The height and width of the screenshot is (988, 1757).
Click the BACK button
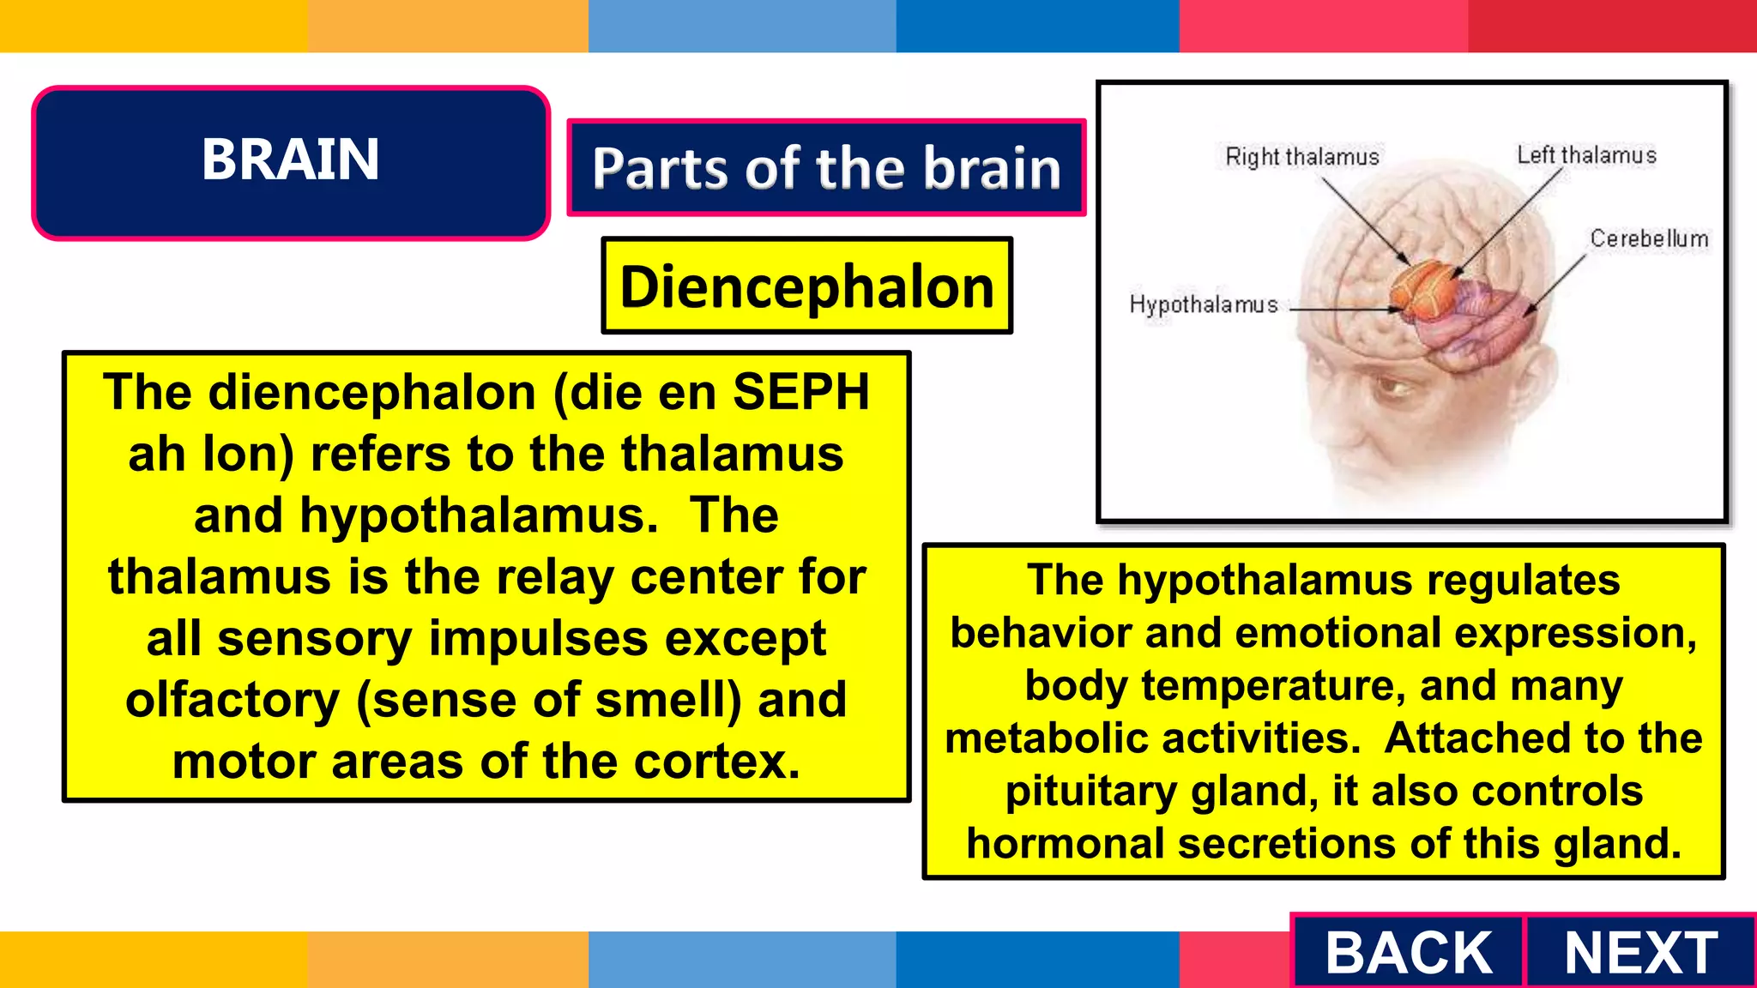[x=1408, y=952]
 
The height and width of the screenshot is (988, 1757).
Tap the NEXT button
[x=1640, y=952]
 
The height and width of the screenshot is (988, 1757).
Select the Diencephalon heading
[x=806, y=286]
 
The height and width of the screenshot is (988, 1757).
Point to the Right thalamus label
[x=1301, y=157]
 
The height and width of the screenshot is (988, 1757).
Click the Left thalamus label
[x=1586, y=155]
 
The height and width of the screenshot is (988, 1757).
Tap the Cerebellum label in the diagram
[x=1649, y=238]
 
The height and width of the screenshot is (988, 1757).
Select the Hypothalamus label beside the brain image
[x=1203, y=304]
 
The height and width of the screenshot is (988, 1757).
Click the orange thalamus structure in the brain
[x=1424, y=287]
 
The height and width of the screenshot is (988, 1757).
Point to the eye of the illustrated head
[x=1391, y=390]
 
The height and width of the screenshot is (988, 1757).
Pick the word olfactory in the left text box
[x=232, y=700]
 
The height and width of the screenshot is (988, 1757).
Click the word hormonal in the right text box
[x=1065, y=844]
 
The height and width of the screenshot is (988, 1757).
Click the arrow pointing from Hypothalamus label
[x=1343, y=310]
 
